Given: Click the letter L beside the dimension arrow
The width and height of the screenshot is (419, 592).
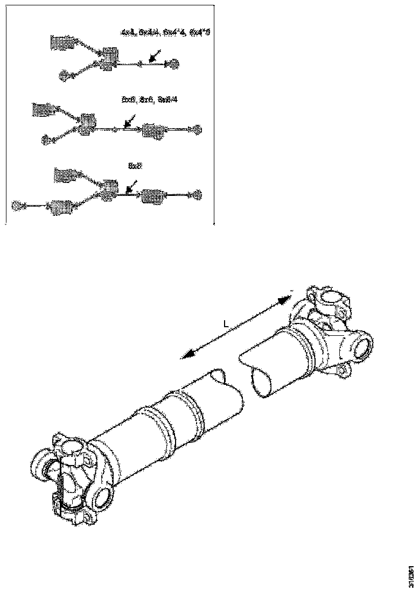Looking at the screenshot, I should point(227,325).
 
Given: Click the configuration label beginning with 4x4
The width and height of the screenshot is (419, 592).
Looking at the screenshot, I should point(165,33).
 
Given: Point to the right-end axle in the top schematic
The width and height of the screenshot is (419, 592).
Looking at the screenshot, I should point(174,65).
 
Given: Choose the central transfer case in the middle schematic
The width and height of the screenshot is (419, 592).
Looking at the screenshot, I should point(86,123).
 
